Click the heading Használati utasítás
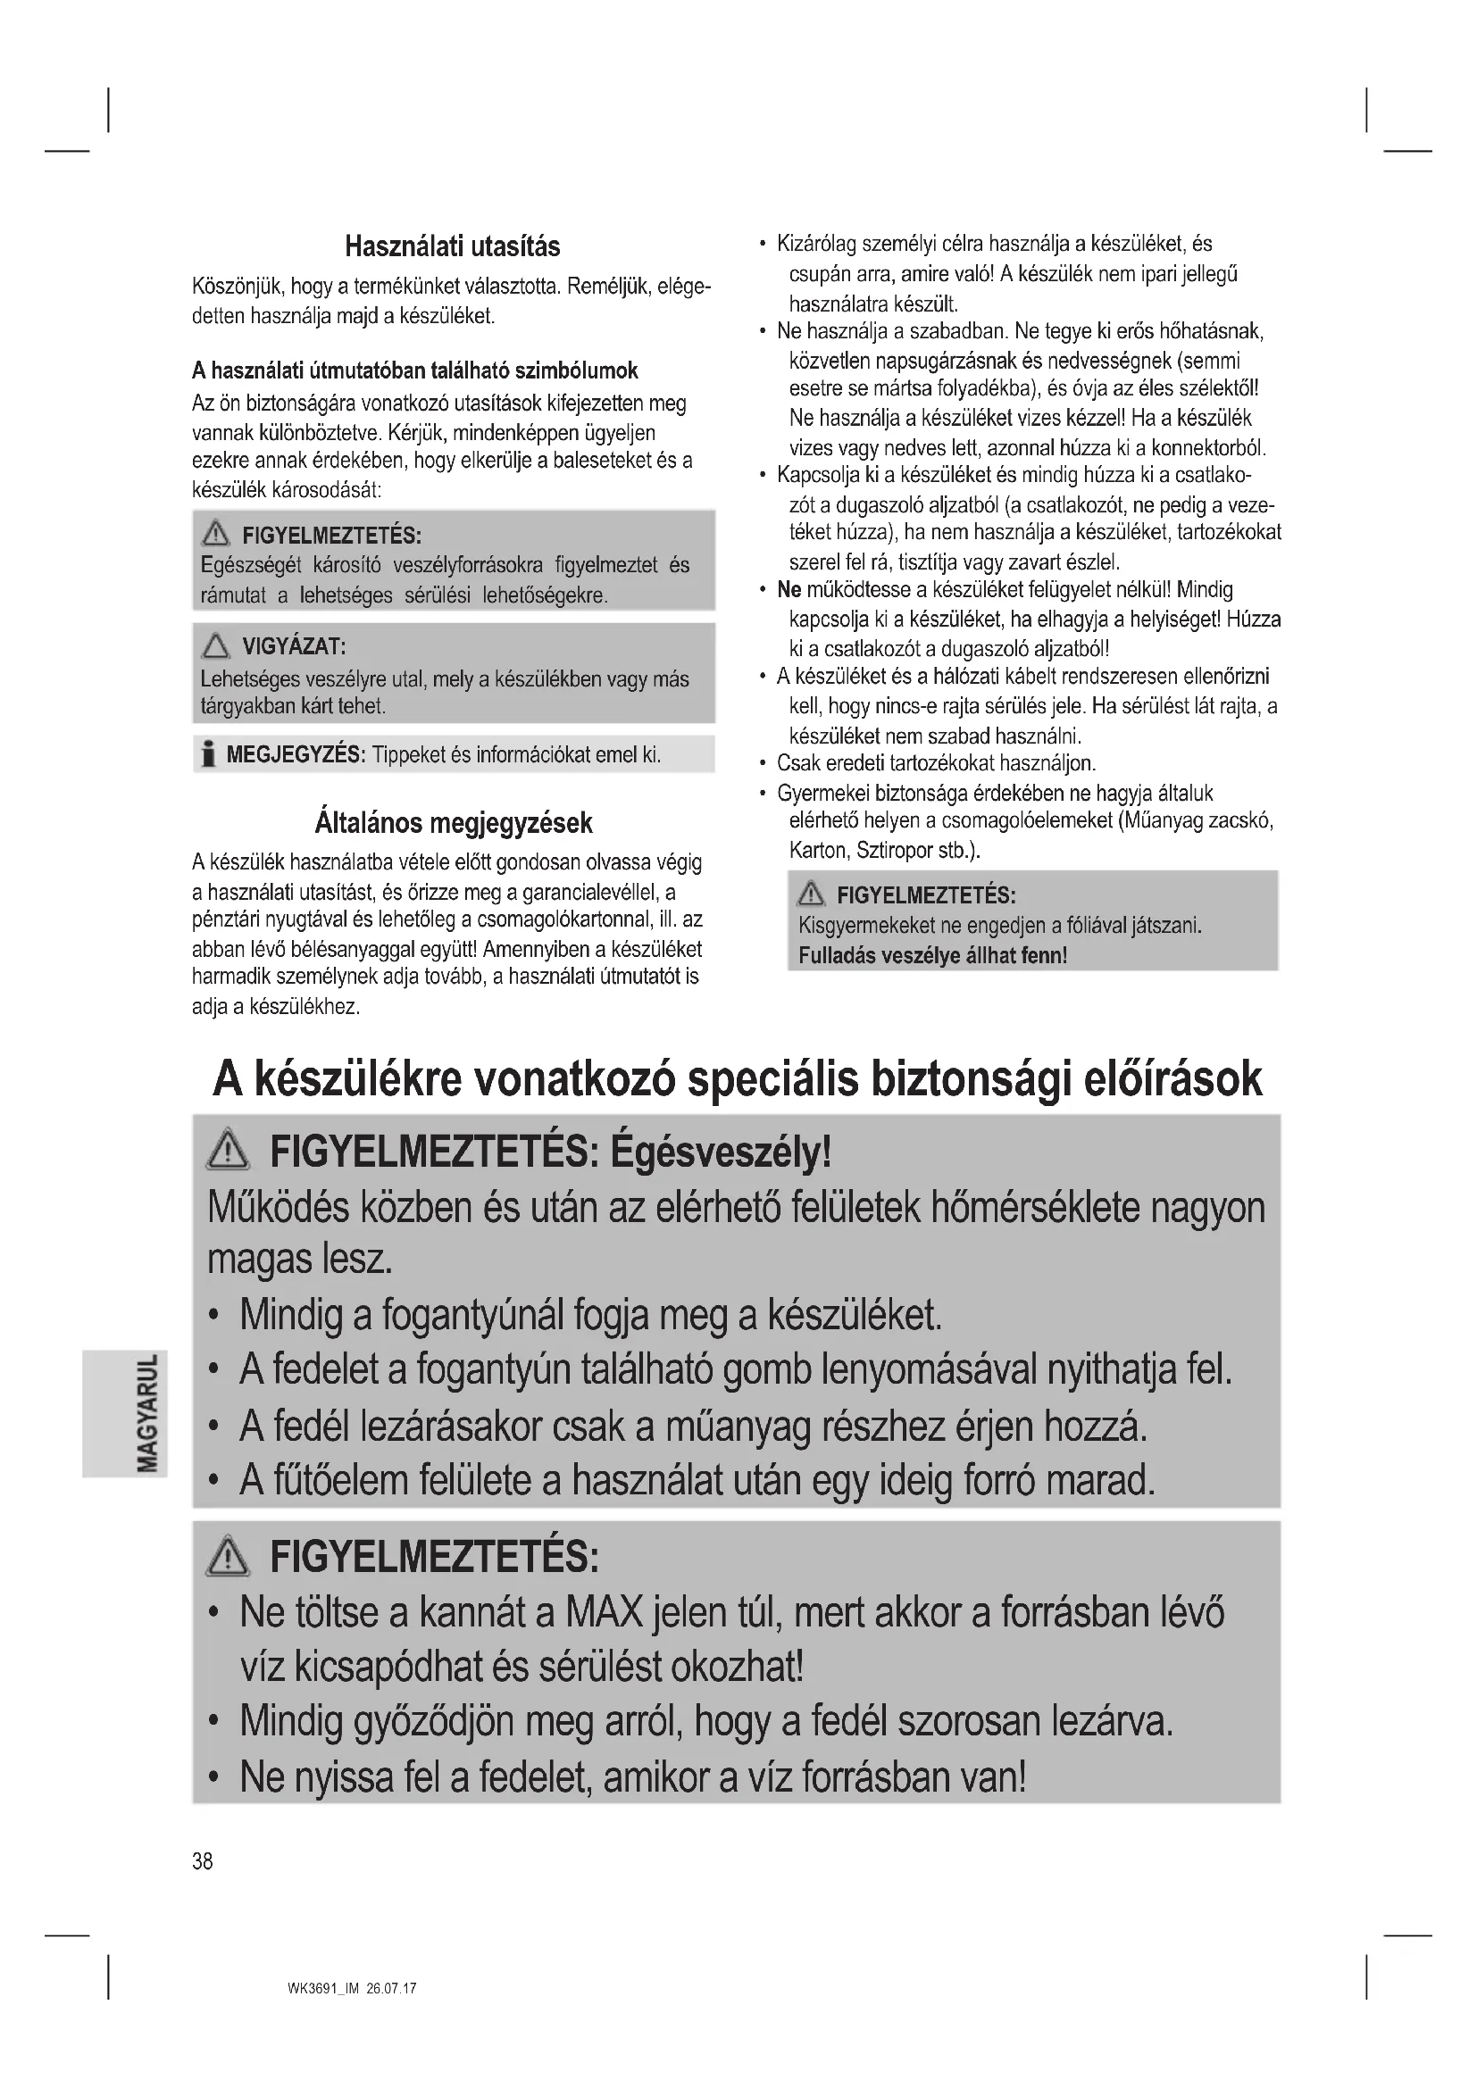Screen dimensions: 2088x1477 pyautogui.click(x=452, y=246)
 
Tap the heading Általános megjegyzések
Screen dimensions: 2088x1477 pyautogui.click(x=453, y=823)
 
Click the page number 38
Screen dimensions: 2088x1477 pyautogui.click(x=202, y=1860)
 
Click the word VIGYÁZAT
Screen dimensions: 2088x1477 pyautogui.click(x=294, y=646)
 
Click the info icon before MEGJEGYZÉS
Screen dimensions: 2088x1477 pyautogui.click(x=208, y=754)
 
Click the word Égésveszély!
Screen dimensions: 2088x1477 pyautogui.click(x=722, y=1153)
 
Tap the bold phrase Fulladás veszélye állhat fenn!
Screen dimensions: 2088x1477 pyautogui.click(x=932, y=955)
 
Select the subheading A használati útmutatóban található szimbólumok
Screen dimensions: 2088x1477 pyautogui.click(x=414, y=370)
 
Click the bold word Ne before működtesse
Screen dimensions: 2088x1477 pyautogui.click(x=789, y=590)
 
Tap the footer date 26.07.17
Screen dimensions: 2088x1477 pyautogui.click(x=392, y=1988)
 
